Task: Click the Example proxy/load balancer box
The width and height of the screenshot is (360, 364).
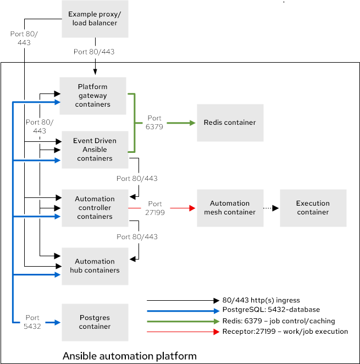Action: [x=95, y=19]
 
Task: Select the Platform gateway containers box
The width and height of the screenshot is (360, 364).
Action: [x=93, y=96]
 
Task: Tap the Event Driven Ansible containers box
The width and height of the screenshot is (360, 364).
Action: [x=95, y=150]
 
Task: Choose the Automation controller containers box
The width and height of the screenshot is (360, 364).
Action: [x=95, y=208]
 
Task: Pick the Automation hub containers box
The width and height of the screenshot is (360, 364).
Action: [x=95, y=266]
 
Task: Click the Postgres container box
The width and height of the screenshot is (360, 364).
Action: [x=95, y=322]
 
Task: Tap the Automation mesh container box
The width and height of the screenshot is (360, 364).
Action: [x=230, y=208]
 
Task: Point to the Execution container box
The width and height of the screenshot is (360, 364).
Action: [x=313, y=208]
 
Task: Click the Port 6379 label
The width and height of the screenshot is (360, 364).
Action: [x=154, y=123]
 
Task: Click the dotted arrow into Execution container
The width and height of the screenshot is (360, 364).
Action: [x=269, y=208]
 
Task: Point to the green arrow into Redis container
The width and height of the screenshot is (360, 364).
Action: [x=181, y=123]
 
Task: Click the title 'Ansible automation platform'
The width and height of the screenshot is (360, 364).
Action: [x=130, y=356]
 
